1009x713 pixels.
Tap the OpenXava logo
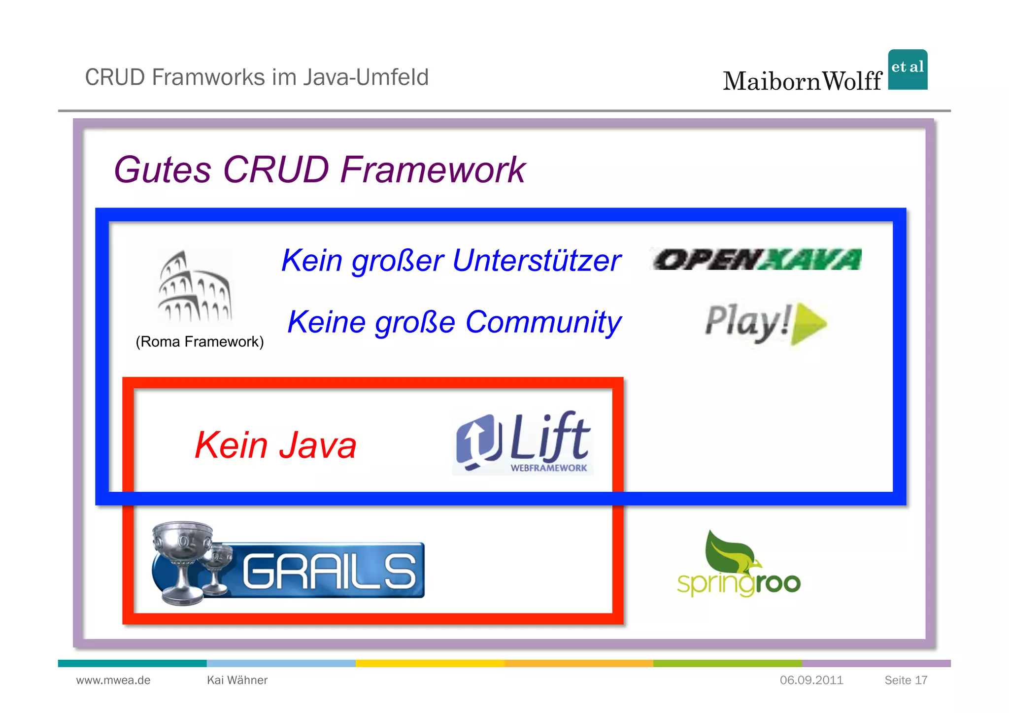click(x=757, y=259)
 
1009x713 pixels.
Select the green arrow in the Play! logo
click(x=808, y=324)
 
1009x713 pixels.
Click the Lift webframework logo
click(x=523, y=442)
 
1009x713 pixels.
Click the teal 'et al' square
click(x=908, y=69)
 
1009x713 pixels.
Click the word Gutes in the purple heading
click(x=163, y=170)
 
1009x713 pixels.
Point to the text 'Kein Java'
click(x=275, y=445)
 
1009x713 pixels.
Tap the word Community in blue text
click(x=543, y=322)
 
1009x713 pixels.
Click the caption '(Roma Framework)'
click(x=200, y=341)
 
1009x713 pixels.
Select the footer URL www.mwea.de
click(x=113, y=680)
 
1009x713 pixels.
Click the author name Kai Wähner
click(x=237, y=680)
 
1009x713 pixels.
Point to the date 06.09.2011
click(x=811, y=680)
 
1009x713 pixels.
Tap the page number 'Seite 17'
click(x=906, y=680)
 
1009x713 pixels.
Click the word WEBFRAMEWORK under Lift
click(x=548, y=468)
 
